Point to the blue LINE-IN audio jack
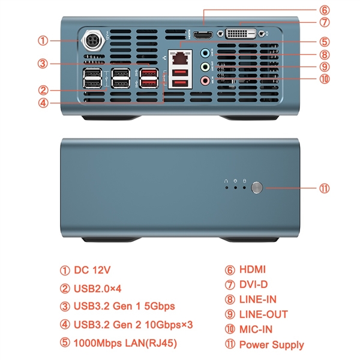(x=206, y=55)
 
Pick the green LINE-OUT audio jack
(x=206, y=67)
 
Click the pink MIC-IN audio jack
(x=206, y=79)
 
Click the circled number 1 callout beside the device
(x=43, y=40)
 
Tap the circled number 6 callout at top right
(x=325, y=10)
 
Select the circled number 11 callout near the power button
(x=325, y=188)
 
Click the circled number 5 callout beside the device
(x=325, y=42)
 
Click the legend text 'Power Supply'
(x=271, y=344)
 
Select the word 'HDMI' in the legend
(x=252, y=270)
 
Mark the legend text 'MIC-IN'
(x=256, y=329)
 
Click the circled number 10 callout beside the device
(x=325, y=79)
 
